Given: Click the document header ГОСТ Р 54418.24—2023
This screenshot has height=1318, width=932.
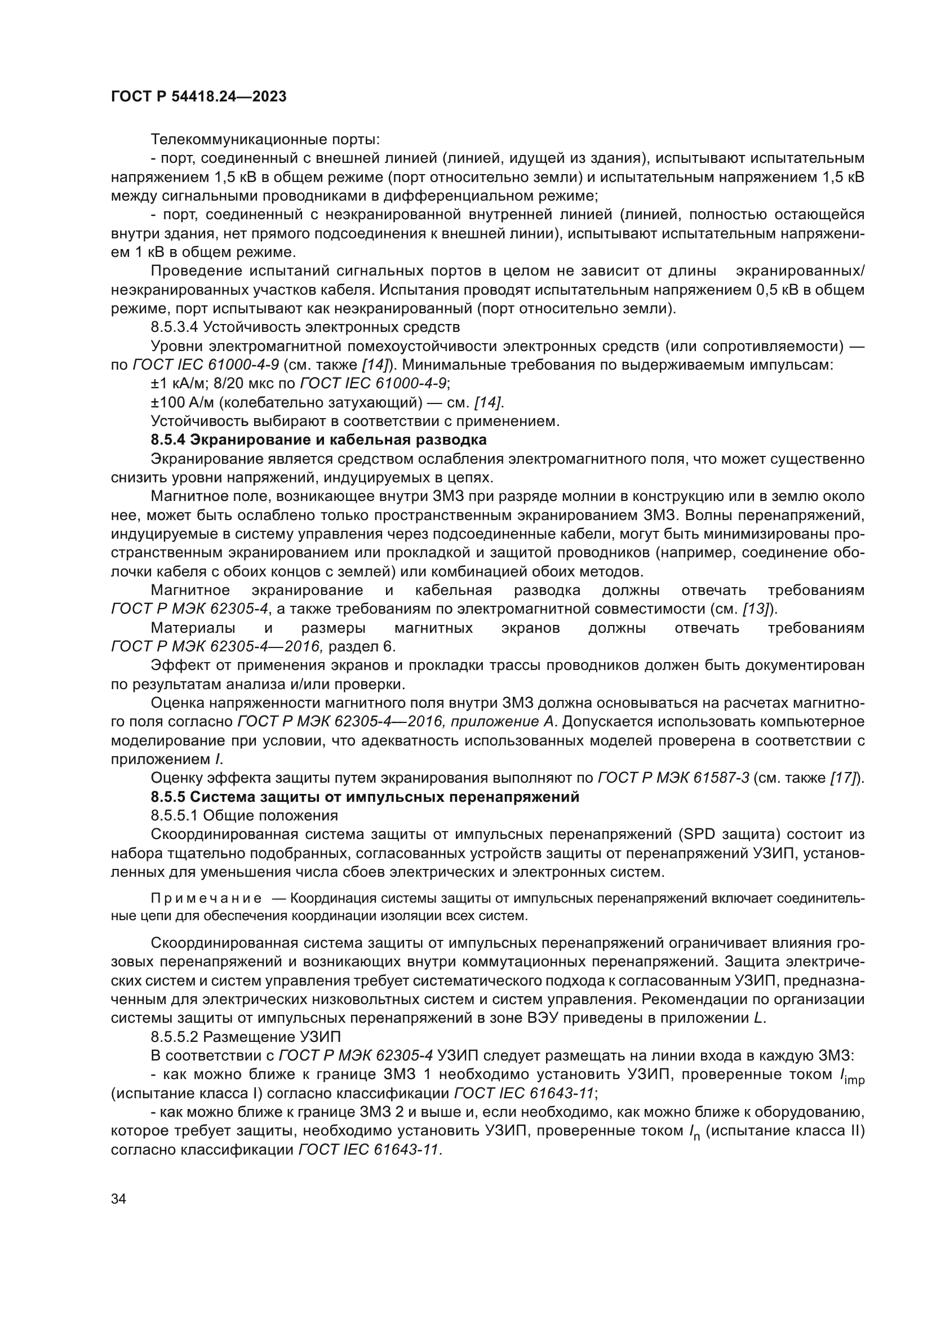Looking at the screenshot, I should coord(198,97).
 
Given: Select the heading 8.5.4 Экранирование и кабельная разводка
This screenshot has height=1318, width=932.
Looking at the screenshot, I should coord(318,440).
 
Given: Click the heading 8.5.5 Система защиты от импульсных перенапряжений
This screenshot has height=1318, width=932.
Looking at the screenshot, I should coord(365,797).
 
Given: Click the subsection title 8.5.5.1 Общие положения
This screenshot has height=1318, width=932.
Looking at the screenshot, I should coord(244,815).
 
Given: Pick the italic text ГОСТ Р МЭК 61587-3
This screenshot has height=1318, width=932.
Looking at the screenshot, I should coord(673,778).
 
